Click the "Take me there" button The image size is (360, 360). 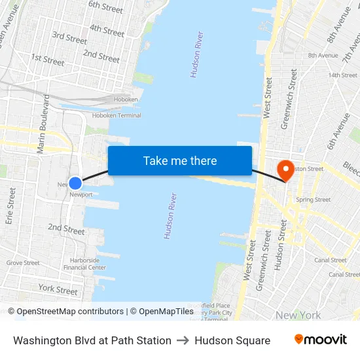tap(180, 160)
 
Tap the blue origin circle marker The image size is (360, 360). tap(75, 183)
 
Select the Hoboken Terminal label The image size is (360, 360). tap(117, 115)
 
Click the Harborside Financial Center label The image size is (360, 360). tap(84, 264)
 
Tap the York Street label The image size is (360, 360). tap(58, 289)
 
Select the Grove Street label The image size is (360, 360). tap(23, 263)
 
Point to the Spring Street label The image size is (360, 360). tap(314, 200)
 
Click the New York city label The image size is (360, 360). tap(298, 315)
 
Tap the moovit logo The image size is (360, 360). tap(321, 340)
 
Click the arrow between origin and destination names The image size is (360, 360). tap(183, 340)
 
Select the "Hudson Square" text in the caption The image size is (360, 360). tap(232, 340)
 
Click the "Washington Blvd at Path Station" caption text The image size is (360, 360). tap(92, 340)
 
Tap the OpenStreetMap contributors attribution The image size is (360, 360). tap(66, 312)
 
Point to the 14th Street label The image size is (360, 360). tap(343, 75)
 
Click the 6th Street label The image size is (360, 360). tap(106, 8)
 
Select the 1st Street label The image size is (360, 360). tap(48, 60)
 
